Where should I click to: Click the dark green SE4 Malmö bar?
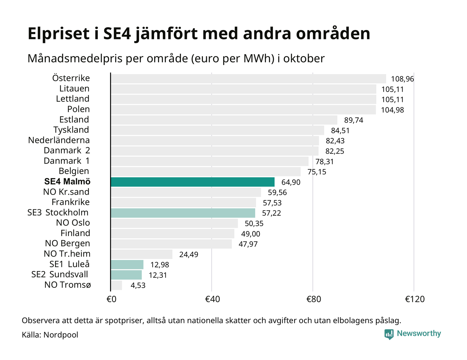[x=192, y=182]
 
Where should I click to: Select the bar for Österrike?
[x=248, y=79]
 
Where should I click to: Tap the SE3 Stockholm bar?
[x=183, y=213]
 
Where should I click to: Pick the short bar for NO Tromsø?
[x=116, y=285]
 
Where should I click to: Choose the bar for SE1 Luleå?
[x=127, y=265]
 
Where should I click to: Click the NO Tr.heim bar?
[x=141, y=254]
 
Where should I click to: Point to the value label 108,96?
[x=402, y=79]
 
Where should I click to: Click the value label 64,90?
[x=291, y=182]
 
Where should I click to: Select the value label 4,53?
[x=138, y=286]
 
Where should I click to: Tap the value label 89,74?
[x=354, y=120]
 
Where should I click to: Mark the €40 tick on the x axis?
[x=212, y=299]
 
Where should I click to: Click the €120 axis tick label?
[x=415, y=299]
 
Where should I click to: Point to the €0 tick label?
[x=111, y=299]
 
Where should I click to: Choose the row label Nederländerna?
[x=59, y=140]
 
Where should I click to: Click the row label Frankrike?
[x=71, y=202]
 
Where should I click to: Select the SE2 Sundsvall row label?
[x=60, y=275]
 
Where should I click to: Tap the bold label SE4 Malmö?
[x=67, y=182]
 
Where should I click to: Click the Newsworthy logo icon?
[x=389, y=334]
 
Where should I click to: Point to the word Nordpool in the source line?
[x=61, y=335]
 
